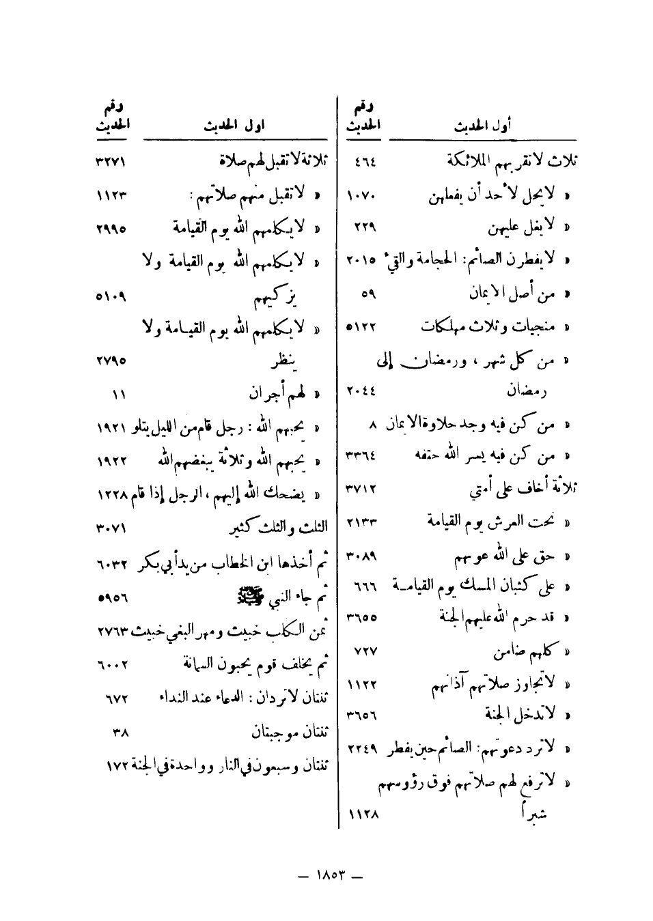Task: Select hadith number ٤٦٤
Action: (366, 162)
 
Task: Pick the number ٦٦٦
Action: (365, 586)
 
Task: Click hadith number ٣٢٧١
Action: (111, 163)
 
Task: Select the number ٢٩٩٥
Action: (111, 228)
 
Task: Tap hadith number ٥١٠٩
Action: (111, 297)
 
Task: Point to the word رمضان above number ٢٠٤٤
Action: (526, 391)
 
